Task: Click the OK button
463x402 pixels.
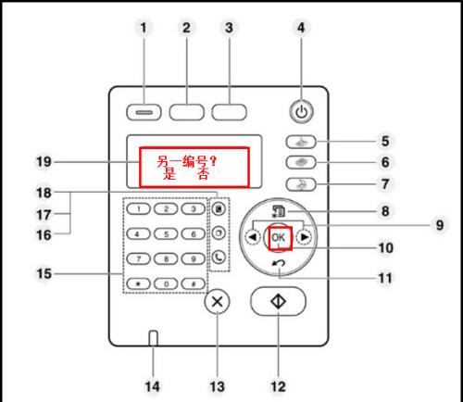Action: click(x=279, y=238)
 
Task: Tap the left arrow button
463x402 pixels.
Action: click(x=253, y=237)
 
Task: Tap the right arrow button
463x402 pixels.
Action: click(x=304, y=237)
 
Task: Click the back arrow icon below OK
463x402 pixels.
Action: click(x=279, y=263)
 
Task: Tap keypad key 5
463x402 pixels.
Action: click(x=166, y=234)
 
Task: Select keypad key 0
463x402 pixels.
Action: click(x=166, y=283)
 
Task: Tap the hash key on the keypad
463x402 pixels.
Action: click(x=194, y=283)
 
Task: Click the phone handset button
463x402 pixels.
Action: click(x=219, y=257)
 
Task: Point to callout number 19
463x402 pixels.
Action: click(x=44, y=161)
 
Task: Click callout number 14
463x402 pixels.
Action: click(x=152, y=386)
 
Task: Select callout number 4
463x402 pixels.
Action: click(x=301, y=28)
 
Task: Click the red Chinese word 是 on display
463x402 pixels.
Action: click(x=169, y=175)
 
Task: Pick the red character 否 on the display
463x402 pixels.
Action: click(x=204, y=175)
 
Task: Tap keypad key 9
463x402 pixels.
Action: click(x=194, y=258)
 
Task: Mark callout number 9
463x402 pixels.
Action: click(x=440, y=225)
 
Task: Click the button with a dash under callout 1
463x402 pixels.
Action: click(x=144, y=112)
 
